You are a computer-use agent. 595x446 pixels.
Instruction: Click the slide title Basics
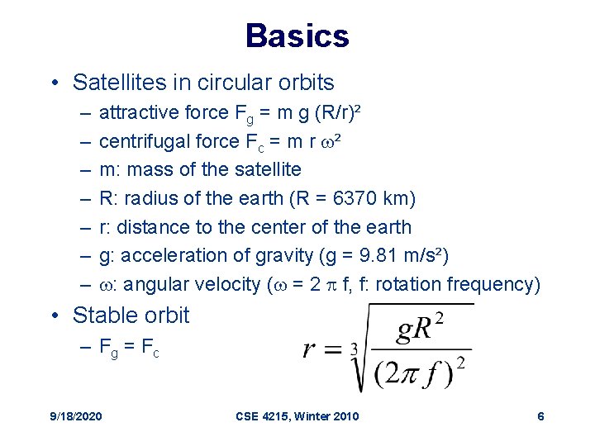coord(297,36)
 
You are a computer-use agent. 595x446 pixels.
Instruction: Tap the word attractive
coord(132,112)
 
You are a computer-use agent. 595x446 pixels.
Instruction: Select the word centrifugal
coord(137,141)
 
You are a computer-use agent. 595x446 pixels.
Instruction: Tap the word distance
coord(148,227)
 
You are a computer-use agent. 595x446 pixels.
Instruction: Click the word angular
coord(156,284)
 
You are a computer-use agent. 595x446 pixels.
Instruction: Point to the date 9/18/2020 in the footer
coord(75,416)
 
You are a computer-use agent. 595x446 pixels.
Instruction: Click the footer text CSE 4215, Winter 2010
coord(298,416)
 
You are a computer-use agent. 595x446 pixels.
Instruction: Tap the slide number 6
coord(540,416)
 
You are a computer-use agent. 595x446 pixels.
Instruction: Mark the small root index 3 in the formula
coord(353,350)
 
